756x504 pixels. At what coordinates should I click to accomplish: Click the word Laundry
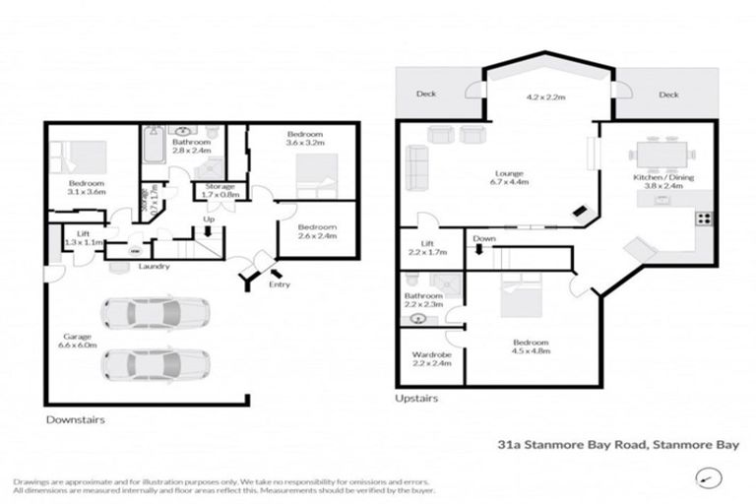155,266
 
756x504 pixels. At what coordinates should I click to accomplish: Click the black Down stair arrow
479,249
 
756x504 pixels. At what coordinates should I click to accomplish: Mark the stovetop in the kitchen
704,218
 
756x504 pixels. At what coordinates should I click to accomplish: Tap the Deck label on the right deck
668,95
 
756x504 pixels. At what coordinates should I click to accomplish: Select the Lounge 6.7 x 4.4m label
509,177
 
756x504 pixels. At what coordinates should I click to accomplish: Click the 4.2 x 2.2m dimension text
544,97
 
